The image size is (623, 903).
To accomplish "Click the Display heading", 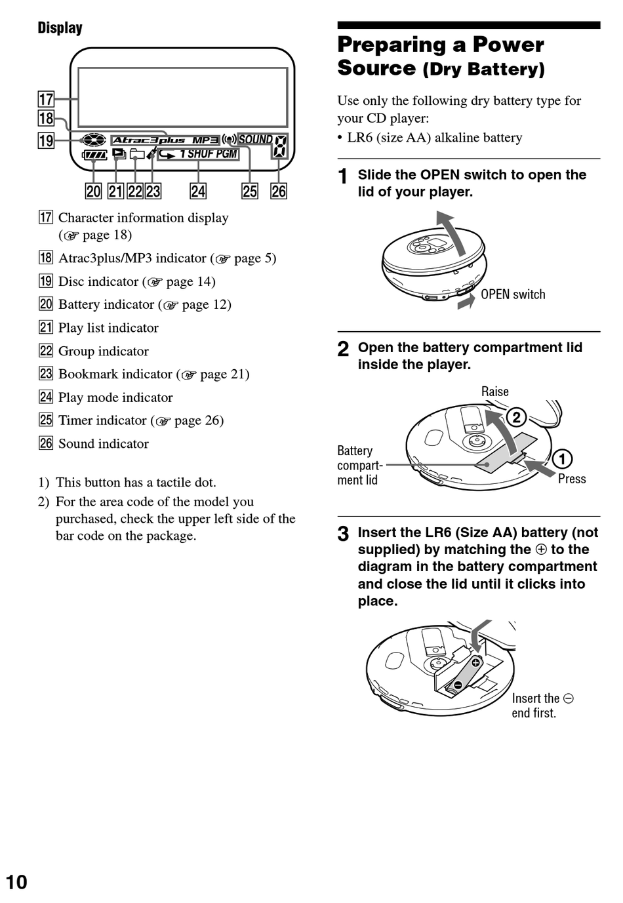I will (x=60, y=28).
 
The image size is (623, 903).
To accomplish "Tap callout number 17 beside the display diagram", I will (x=46, y=100).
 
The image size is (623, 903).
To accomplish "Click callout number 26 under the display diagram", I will (x=279, y=191).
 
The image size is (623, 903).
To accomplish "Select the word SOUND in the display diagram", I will (x=255, y=139).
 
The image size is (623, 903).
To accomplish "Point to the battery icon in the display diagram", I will (x=94, y=155).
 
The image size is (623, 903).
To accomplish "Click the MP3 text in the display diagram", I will (x=205, y=140).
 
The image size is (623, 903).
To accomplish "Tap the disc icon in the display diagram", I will (x=93, y=140).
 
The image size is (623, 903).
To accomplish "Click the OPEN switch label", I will (x=513, y=294).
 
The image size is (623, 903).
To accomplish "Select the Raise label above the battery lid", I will (x=494, y=391).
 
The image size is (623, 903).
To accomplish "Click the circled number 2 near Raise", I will (x=516, y=417).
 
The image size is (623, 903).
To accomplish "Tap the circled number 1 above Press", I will (x=562, y=458).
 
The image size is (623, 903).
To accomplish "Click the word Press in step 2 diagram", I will (x=572, y=479).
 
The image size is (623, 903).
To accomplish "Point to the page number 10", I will (x=16, y=882).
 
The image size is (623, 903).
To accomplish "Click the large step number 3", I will (x=343, y=534).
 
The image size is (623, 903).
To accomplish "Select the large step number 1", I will (x=342, y=176).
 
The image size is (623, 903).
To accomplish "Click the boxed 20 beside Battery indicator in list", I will (x=45, y=304).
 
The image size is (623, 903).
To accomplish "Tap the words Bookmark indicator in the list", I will (x=115, y=374).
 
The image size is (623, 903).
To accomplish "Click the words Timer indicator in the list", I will (x=102, y=420).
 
